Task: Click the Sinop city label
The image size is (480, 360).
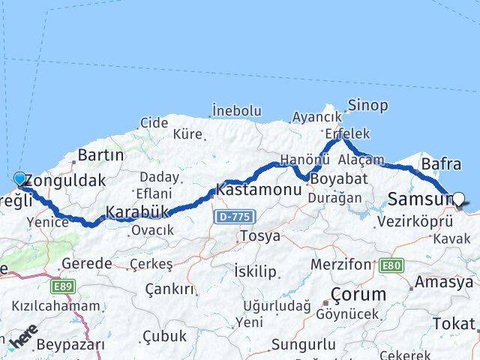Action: (368, 106)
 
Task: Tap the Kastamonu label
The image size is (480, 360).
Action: (259, 190)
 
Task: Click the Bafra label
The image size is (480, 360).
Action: (441, 163)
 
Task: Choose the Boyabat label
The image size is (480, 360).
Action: (339, 180)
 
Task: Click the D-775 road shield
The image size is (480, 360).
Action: (234, 217)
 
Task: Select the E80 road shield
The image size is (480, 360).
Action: (391, 265)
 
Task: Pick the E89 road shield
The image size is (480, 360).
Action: (64, 286)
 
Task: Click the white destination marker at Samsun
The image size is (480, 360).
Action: (459, 199)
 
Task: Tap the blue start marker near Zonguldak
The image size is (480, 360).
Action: (19, 178)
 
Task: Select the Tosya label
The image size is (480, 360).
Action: (259, 236)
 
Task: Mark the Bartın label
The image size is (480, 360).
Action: (100, 156)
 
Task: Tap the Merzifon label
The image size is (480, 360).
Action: (340, 265)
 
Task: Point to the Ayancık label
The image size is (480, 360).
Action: (316, 118)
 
